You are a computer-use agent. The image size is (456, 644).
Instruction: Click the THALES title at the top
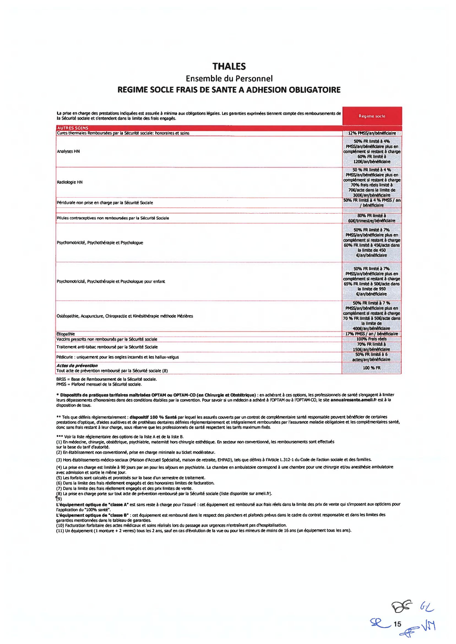(x=229, y=67)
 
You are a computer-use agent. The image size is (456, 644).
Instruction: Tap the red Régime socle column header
(x=372, y=116)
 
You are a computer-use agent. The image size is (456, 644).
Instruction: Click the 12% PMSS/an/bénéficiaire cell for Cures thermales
(x=372, y=133)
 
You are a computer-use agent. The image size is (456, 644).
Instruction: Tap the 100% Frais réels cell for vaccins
(x=372, y=339)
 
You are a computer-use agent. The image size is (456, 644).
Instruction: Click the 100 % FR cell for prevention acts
(x=372, y=368)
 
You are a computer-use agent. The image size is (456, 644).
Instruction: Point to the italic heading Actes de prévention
(x=77, y=366)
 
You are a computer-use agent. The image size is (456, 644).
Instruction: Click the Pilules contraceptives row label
(x=113, y=218)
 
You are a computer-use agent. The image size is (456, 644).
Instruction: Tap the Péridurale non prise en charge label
(x=105, y=202)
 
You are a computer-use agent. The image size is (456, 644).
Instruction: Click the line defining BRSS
(x=106, y=379)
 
